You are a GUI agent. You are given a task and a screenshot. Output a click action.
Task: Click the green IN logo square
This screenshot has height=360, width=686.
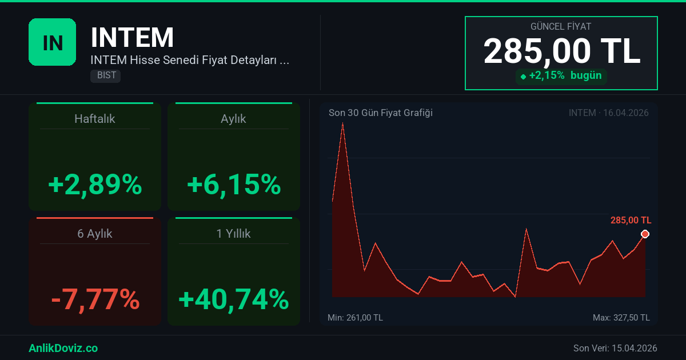point(52,42)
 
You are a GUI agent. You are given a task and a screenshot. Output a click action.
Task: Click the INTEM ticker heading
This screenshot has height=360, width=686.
point(132,38)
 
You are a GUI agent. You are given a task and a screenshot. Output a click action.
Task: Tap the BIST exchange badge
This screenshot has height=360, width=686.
point(105,75)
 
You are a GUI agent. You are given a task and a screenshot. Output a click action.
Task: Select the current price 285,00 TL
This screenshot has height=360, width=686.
point(561,51)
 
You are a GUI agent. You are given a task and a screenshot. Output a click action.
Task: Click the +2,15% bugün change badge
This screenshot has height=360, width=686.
point(561,75)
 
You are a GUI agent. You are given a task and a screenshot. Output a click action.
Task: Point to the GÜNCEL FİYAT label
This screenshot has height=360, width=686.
point(561,26)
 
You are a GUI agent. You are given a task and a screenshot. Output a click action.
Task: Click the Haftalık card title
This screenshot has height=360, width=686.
point(95,119)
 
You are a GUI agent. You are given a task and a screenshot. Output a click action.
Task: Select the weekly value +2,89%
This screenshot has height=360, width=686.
point(95,185)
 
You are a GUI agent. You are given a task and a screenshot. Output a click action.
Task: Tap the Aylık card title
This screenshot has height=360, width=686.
point(233,119)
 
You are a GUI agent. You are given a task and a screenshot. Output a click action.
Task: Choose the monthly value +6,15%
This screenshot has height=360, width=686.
point(234,185)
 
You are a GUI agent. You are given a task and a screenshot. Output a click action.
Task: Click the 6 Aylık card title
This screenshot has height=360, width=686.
point(95,234)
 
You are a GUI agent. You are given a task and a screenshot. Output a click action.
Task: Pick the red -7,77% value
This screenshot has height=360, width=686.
point(95,299)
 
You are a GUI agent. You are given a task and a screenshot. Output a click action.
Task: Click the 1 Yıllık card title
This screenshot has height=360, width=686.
point(233,234)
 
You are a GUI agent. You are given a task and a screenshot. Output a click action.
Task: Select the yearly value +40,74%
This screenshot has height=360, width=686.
point(234,299)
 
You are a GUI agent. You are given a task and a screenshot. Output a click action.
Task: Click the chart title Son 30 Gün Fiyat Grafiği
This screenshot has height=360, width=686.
point(380,113)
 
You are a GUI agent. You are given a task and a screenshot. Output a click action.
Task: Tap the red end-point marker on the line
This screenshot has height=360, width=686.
point(645,234)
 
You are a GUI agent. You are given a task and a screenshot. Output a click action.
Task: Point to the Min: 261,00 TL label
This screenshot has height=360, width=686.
point(355,317)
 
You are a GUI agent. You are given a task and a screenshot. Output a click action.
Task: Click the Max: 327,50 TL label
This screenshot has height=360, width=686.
point(621,317)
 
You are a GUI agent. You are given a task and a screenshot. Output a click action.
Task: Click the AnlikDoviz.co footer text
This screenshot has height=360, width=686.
point(63,348)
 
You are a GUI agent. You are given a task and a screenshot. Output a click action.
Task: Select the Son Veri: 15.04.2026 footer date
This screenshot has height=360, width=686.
point(615,348)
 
